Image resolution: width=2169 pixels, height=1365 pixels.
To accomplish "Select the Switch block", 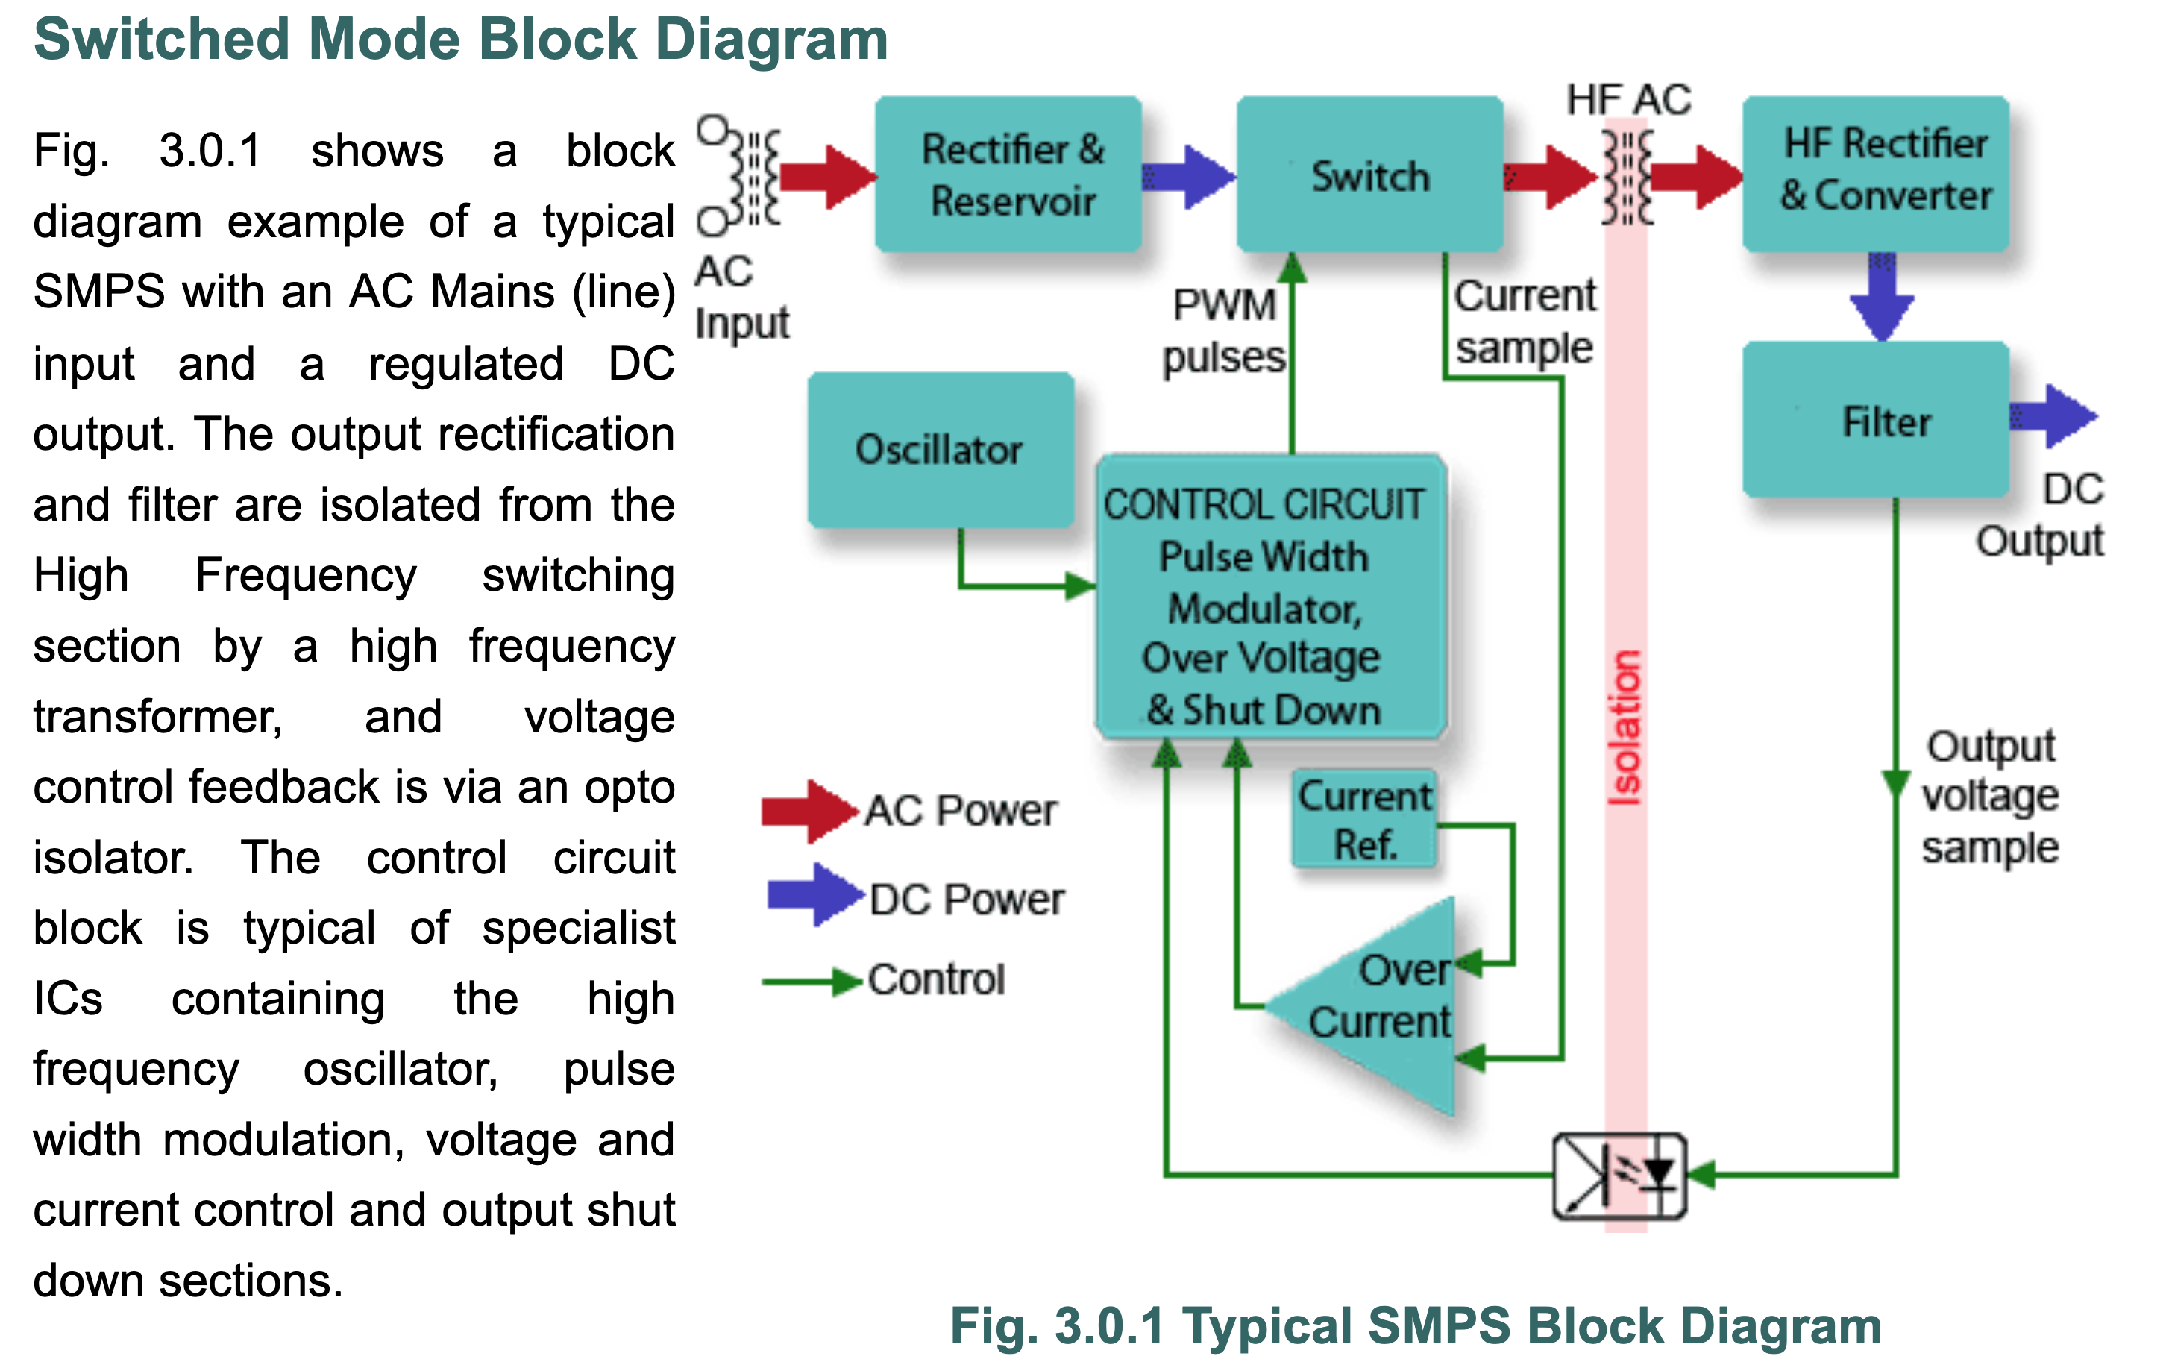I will [x=1369, y=174].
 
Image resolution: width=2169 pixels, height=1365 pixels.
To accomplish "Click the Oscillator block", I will [x=940, y=450].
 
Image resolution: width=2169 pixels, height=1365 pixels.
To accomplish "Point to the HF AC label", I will [x=1627, y=100].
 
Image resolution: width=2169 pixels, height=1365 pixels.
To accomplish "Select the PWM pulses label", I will [x=1223, y=330].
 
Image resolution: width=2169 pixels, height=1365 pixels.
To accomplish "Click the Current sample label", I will [x=1524, y=321].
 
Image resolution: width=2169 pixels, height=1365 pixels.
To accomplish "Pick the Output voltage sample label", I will [x=1991, y=797].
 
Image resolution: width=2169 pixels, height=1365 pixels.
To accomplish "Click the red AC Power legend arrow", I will [x=808, y=811].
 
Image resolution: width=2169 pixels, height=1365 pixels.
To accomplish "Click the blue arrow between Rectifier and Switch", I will [x=1189, y=177].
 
